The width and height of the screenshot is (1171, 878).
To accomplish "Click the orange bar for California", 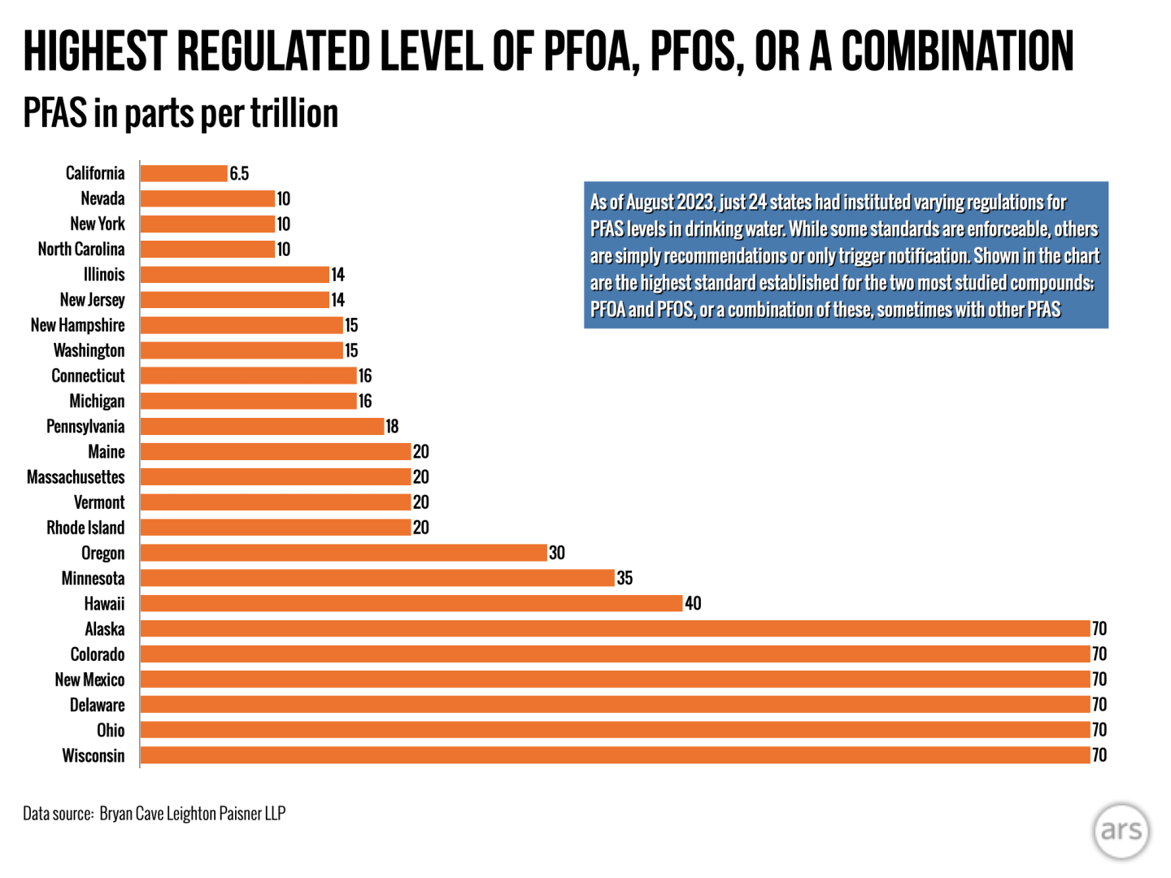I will click(184, 173).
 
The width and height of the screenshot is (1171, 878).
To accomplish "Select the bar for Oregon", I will click(343, 553).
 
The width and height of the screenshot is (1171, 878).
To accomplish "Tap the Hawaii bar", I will click(411, 603).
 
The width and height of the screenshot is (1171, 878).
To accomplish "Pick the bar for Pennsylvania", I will click(262, 426).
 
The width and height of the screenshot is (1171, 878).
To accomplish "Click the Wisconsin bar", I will click(615, 755).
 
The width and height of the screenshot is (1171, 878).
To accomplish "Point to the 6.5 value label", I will click(239, 173).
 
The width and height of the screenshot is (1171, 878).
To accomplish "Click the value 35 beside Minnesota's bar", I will click(625, 578).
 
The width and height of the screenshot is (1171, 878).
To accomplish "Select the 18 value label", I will click(392, 426).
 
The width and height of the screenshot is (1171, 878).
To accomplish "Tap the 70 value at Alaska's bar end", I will click(1099, 628).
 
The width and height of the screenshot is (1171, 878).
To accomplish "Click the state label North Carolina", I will click(81, 249).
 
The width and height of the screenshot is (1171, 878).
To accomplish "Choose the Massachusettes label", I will click(76, 476).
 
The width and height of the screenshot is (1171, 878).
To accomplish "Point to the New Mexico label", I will click(89, 680).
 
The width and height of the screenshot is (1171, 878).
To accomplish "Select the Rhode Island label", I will click(85, 528).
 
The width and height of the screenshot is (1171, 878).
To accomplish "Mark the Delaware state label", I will click(97, 705).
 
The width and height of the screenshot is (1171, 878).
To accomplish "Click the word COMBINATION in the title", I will click(957, 50).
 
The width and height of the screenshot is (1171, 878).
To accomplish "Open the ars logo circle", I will click(1121, 830).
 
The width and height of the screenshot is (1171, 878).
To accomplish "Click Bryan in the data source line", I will click(115, 813).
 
